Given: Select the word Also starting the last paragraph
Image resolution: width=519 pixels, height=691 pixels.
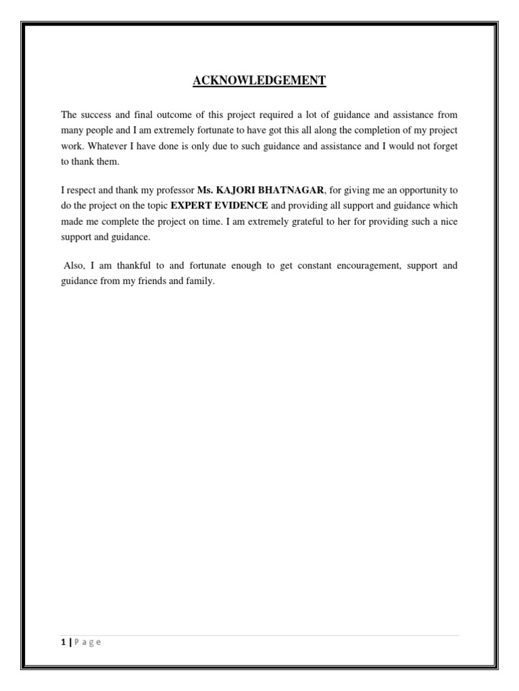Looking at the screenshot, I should click(x=73, y=266).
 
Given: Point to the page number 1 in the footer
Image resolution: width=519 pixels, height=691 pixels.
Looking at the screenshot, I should click(x=62, y=642).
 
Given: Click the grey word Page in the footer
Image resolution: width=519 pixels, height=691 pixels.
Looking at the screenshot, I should click(x=88, y=642).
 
